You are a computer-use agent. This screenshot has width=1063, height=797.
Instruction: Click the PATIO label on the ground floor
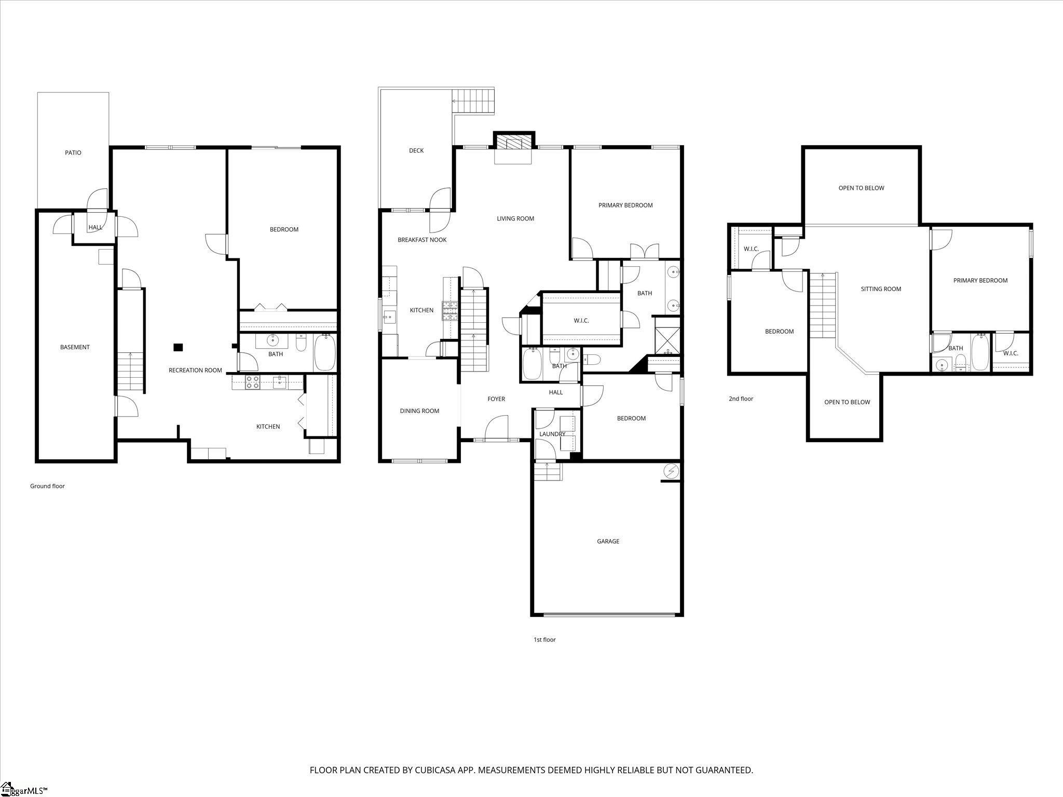coord(73,153)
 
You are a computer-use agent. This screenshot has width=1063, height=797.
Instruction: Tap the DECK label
coord(416,150)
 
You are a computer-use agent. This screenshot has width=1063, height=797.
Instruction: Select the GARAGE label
coord(608,541)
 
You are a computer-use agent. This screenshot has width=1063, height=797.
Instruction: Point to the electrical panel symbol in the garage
coord(672,471)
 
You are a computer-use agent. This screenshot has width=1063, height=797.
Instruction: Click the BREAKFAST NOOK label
coord(422,240)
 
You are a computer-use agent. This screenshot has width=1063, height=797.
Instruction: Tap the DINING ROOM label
coord(419,411)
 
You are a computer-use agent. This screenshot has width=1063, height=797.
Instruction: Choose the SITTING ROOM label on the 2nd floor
coord(881,289)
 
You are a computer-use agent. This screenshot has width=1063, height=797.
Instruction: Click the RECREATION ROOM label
coord(195,370)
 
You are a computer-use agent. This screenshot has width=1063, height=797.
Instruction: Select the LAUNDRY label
coord(552,434)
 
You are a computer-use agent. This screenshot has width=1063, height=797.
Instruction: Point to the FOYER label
coord(496,399)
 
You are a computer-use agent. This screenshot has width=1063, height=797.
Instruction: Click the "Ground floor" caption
coord(47,486)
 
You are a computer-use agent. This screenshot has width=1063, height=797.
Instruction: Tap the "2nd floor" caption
coord(741,398)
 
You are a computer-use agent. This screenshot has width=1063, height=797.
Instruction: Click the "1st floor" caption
coord(544,640)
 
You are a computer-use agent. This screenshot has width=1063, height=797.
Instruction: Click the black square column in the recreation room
coord(178,348)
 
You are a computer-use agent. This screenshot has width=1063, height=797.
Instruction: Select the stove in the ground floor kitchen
coord(253,382)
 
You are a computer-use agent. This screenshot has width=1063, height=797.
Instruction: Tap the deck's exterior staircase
coord(473,101)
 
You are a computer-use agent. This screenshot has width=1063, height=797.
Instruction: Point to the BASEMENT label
coord(75,347)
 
